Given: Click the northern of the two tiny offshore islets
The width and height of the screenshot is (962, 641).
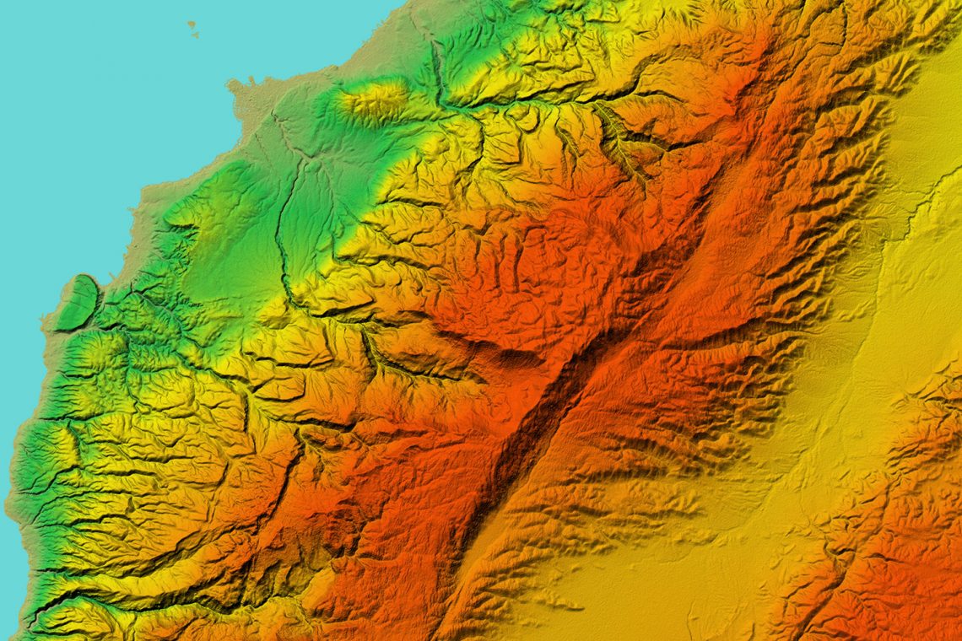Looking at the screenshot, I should (x=191, y=24).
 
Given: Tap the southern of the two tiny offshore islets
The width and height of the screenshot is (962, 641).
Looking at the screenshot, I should (x=195, y=35).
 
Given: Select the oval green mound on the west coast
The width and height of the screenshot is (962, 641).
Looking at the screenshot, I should (x=78, y=302).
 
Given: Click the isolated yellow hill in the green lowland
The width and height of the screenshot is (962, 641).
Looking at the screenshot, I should (x=373, y=99).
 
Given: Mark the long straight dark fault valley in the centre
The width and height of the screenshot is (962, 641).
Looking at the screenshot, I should (x=540, y=422).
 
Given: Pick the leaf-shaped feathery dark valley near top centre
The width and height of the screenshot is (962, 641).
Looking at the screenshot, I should (x=620, y=139).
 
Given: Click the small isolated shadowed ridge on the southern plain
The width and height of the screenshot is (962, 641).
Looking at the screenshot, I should (x=557, y=601).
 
